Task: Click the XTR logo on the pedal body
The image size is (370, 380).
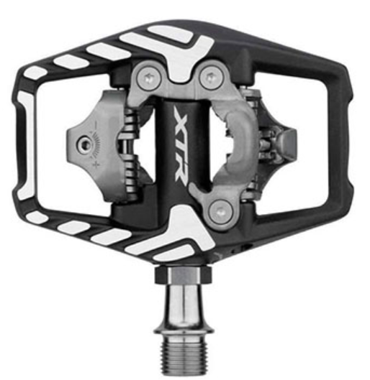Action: point(181,144)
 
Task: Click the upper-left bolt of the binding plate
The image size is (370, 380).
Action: point(149,78)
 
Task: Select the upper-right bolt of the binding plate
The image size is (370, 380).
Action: point(211,78)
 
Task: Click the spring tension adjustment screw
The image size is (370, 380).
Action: point(85,145)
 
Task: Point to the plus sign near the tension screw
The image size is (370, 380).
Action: point(96,164)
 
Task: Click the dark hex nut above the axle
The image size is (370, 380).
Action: point(184,274)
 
